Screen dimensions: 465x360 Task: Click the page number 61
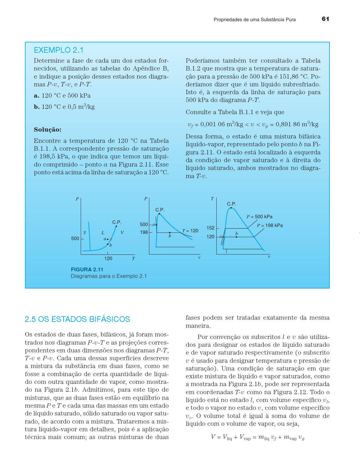(325, 19)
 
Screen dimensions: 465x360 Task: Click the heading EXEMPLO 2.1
(59, 50)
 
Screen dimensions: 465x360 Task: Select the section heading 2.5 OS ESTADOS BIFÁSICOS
(77, 319)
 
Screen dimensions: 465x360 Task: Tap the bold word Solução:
(48, 130)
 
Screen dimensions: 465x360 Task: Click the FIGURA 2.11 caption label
(87, 269)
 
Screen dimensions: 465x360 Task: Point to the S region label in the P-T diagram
(84, 233)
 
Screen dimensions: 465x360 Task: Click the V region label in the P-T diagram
(122, 233)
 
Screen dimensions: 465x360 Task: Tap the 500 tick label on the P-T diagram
(75, 239)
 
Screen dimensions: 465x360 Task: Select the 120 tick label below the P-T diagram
(108, 259)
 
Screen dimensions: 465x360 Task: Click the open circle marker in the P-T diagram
(111, 239)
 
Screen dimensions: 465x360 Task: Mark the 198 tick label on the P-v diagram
(144, 232)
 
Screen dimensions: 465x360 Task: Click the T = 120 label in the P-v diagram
(190, 231)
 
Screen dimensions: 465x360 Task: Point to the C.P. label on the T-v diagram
(232, 204)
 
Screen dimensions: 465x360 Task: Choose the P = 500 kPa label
(259, 217)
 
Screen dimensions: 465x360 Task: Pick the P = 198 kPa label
(270, 225)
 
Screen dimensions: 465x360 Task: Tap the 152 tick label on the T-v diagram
(210, 228)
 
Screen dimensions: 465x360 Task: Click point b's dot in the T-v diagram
(236, 237)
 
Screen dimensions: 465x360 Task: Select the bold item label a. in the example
(36, 96)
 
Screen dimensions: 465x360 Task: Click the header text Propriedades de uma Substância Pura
(255, 20)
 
